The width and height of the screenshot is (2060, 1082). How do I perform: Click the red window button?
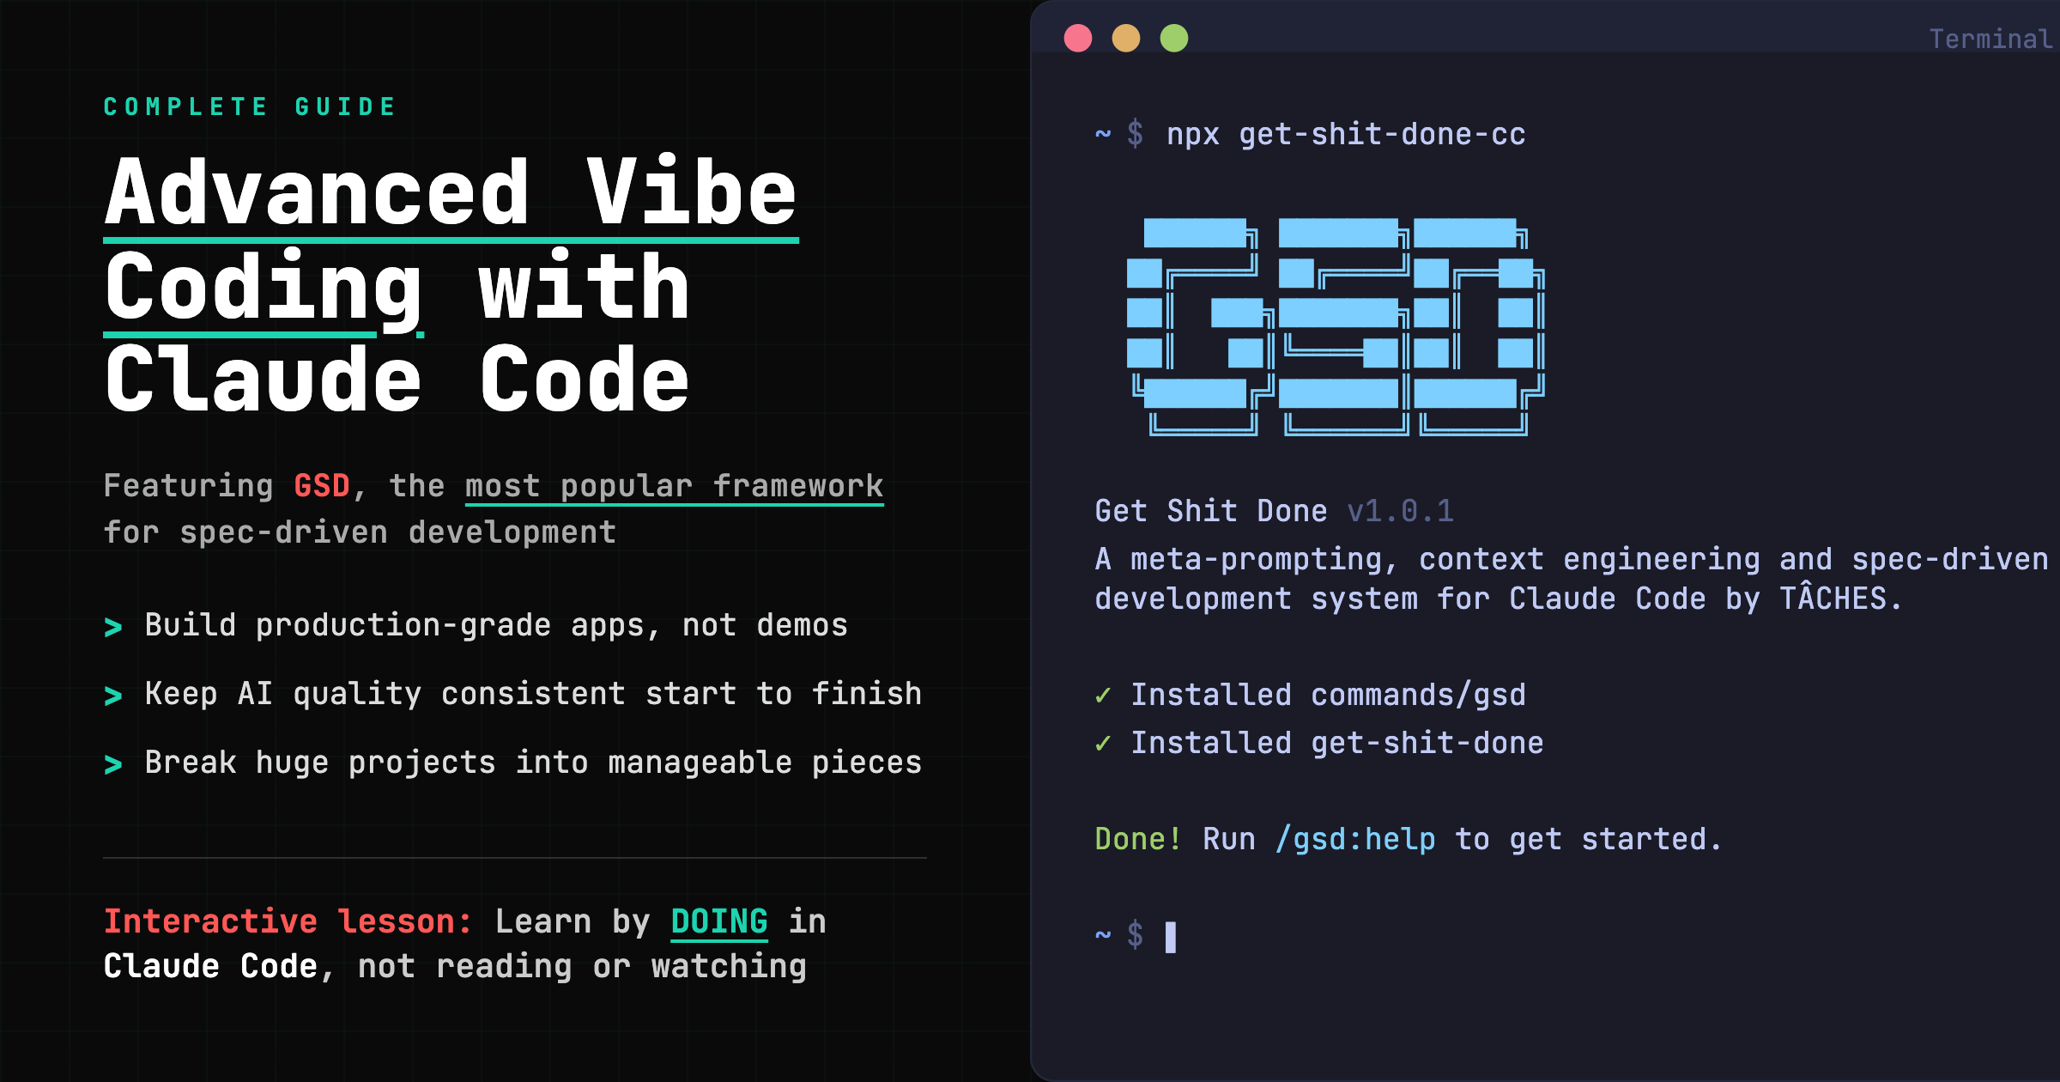coord(1078,38)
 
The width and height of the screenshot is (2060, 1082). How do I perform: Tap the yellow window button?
coord(1126,38)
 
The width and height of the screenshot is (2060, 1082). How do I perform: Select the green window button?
coord(1174,38)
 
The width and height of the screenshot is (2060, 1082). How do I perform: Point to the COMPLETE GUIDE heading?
coord(250,106)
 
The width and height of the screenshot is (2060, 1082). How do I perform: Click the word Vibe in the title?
coord(692,193)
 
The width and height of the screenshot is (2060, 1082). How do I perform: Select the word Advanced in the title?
coord(317,193)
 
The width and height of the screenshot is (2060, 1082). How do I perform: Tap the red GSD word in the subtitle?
coord(322,486)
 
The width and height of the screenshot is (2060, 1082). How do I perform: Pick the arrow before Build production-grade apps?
coord(112,627)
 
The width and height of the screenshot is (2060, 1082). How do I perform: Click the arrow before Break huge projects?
coord(112,764)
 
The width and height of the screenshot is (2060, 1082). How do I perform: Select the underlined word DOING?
coord(719,922)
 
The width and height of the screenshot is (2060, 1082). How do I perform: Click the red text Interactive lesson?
coord(288,921)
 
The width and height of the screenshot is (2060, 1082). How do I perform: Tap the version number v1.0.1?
coord(1401,512)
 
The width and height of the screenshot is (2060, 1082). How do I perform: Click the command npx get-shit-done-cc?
coord(1346,135)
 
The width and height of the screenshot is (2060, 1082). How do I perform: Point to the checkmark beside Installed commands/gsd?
coord(1103,695)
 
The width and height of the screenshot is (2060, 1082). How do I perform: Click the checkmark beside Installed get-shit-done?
coord(1103,743)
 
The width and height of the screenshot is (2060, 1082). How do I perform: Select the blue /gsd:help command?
coord(1355,840)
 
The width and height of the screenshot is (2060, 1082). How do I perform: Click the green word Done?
coord(1138,839)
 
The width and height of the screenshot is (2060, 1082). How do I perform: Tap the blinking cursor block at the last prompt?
coord(1171,937)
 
